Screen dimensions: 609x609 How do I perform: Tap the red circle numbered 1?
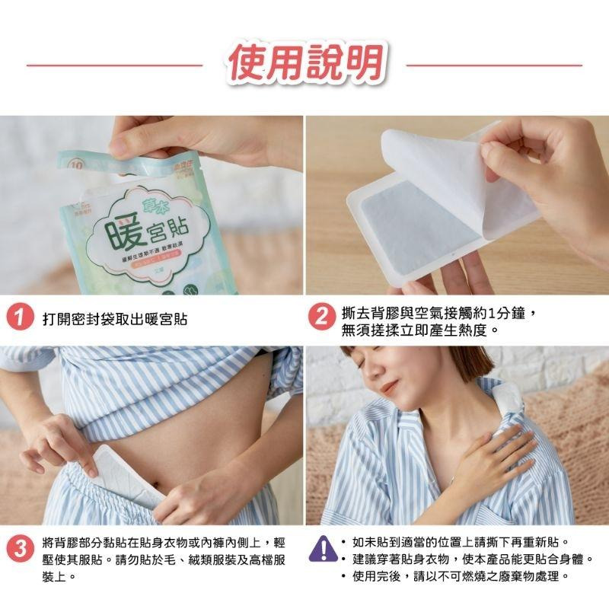click(18, 318)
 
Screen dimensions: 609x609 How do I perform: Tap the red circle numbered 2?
click(323, 318)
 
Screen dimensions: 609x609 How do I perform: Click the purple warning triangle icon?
click(323, 548)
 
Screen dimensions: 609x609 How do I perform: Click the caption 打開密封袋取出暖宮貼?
click(115, 319)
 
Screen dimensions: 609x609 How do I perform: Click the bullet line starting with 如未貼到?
click(461, 542)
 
